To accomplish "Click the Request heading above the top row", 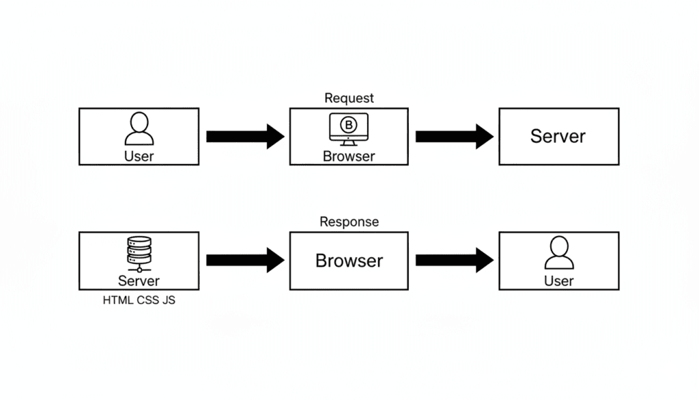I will [x=349, y=98].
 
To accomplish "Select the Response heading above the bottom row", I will [x=349, y=222].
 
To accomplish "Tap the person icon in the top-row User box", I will [x=139, y=129].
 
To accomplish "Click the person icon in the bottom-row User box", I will [x=558, y=252].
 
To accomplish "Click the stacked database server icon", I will [x=139, y=254].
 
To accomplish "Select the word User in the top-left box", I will [x=139, y=156].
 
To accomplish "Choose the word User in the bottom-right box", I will [x=558, y=280].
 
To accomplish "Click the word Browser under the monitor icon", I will [x=349, y=156].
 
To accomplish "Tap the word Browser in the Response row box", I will [x=349, y=261].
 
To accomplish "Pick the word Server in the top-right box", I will [x=558, y=136].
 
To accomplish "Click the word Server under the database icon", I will [x=139, y=280].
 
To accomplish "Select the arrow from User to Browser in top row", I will [x=245, y=136].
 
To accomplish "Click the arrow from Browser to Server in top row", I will [x=454, y=136].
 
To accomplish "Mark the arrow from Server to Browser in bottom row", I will [x=245, y=260].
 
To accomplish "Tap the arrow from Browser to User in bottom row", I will [x=454, y=260].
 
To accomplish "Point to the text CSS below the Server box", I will [x=148, y=299].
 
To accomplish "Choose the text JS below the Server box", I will [x=169, y=299].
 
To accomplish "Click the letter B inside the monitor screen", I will [x=349, y=124].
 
